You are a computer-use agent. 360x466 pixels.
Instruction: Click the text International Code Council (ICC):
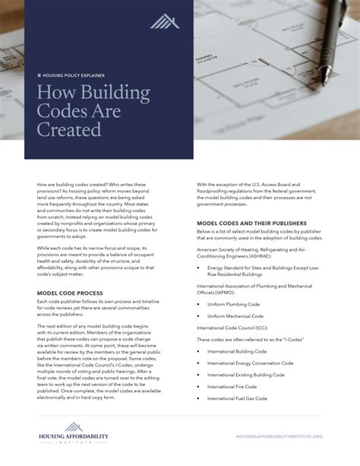point(235,328)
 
